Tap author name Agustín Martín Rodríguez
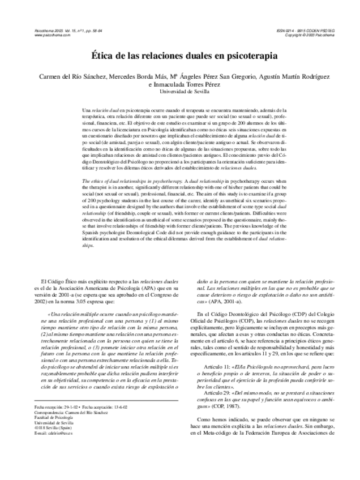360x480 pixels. coord(297,76)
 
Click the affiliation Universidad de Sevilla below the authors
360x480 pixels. coord(180,91)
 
